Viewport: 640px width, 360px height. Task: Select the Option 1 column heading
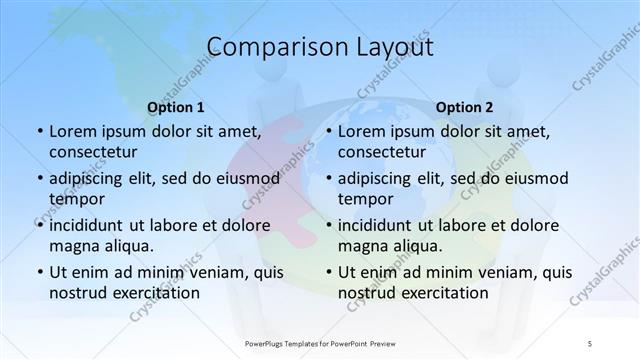[x=176, y=107]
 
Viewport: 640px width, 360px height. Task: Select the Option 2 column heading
[x=465, y=107]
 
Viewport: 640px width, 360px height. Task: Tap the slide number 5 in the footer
[x=590, y=343]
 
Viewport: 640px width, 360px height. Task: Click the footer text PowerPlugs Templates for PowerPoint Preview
[x=320, y=343]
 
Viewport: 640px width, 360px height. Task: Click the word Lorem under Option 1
[x=73, y=131]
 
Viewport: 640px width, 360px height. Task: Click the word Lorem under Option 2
[x=362, y=131]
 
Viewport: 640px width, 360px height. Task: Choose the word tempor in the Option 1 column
[x=75, y=199]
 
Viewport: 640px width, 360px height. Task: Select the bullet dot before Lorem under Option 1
[x=40, y=132]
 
